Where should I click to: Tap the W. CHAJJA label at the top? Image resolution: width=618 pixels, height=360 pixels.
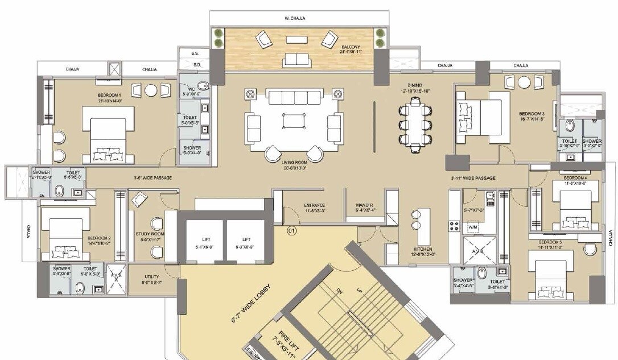click(295, 18)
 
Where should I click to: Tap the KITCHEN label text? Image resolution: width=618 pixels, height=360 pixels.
click(423, 250)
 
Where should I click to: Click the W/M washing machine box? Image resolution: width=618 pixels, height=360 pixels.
click(472, 227)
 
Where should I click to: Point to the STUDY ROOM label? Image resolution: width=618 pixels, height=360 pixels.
click(150, 234)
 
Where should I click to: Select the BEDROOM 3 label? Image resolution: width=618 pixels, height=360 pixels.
click(532, 113)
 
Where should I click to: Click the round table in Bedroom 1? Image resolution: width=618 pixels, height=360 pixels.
click(151, 90)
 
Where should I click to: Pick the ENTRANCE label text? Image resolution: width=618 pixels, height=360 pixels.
click(314, 205)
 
